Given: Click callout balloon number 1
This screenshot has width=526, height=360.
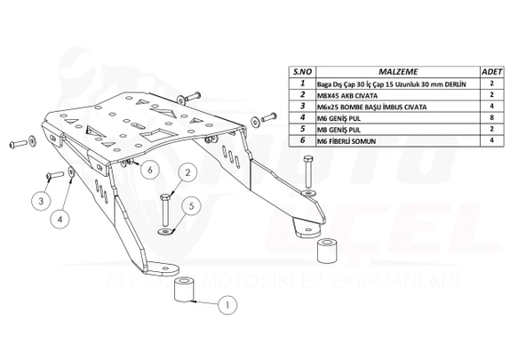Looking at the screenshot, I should pyautogui.click(x=228, y=304).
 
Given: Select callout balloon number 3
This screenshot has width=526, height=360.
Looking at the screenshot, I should pyautogui.click(x=41, y=202).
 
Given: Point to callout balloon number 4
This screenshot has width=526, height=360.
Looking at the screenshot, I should pyautogui.click(x=60, y=217).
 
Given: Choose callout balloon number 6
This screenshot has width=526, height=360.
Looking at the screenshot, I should pyautogui.click(x=147, y=169).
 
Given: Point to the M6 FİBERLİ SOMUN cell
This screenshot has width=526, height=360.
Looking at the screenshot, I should pyautogui.click(x=345, y=140).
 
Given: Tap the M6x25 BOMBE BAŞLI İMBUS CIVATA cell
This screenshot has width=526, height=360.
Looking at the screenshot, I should pyautogui.click(x=372, y=105).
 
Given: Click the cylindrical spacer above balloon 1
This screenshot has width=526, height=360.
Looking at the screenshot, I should pyautogui.click(x=185, y=291).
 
